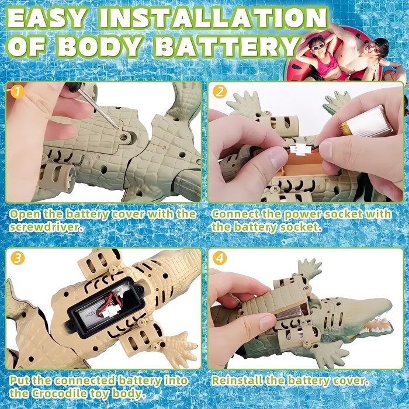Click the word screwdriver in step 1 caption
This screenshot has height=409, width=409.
(x=44, y=227)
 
